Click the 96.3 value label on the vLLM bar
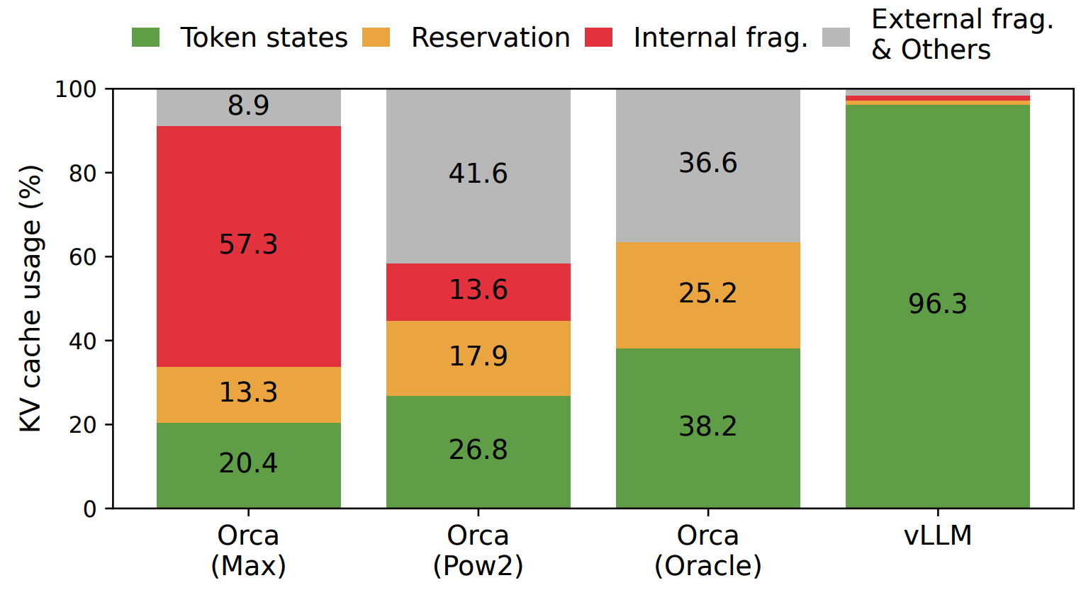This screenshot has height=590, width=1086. point(937,305)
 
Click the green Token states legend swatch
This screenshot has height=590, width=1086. point(145,38)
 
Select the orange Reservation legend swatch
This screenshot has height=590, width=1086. point(376,38)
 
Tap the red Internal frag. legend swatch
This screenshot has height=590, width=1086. point(598,38)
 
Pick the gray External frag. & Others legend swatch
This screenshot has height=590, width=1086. point(836,38)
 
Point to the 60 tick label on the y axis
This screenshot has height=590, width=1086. point(82,257)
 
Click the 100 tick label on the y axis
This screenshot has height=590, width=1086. point(76,90)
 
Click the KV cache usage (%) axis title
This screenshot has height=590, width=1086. point(30,298)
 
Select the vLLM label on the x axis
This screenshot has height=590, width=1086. point(937,535)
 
